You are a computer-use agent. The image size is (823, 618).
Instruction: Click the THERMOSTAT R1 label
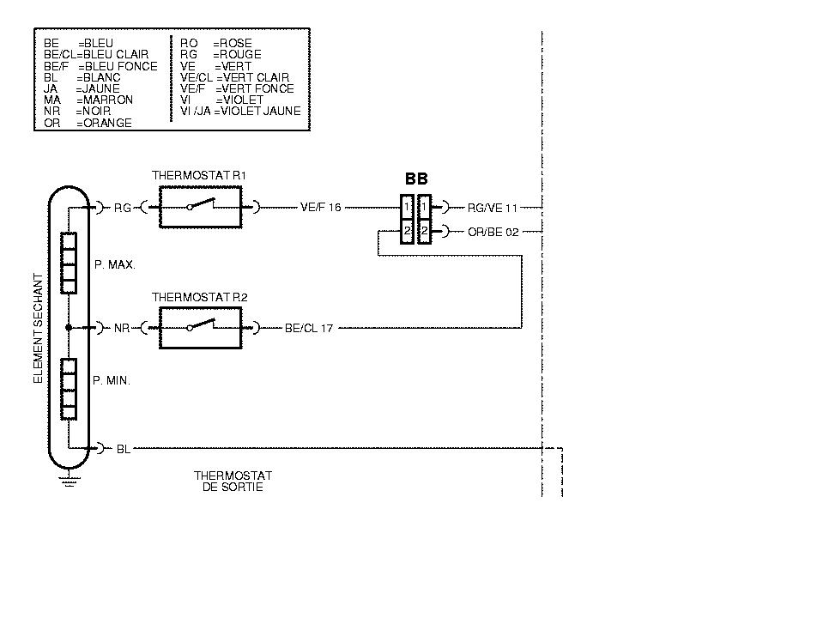199,175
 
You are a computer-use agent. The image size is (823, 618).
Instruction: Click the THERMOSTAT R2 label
199,297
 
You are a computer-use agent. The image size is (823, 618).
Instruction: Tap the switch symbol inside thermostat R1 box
200,206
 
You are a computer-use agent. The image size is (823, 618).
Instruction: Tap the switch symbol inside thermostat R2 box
200,327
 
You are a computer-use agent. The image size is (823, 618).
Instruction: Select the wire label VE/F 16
321,208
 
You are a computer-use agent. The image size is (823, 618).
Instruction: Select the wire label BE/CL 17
309,329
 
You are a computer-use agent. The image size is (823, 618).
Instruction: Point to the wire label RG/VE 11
493,208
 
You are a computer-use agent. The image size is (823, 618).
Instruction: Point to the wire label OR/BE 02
493,232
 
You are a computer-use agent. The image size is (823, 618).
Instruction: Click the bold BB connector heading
416,179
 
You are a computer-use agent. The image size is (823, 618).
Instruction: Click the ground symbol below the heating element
68,479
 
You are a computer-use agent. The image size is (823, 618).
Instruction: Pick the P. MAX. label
115,265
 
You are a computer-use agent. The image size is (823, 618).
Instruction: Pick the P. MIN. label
112,380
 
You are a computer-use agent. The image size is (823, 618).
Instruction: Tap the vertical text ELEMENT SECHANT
38,329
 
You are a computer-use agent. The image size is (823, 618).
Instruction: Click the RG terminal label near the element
123,208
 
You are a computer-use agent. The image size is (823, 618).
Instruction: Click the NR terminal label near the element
122,329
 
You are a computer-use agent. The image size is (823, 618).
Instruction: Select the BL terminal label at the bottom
124,449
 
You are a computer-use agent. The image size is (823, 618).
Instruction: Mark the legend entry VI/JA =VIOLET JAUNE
240,111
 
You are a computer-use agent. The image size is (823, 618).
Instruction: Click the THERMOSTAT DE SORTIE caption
233,482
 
